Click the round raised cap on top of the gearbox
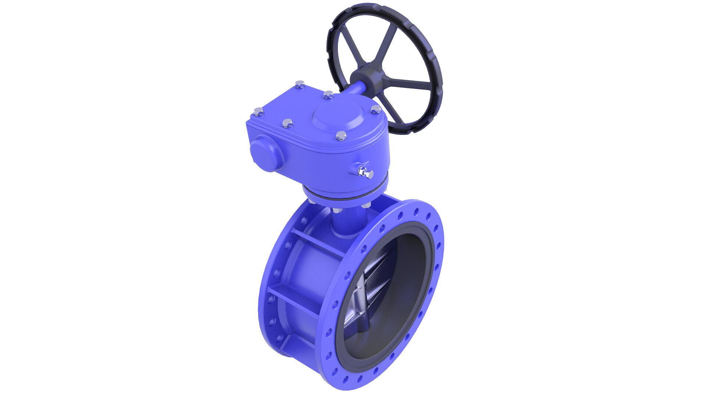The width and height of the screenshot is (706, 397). (336, 114)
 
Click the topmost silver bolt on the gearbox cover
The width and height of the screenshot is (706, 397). (300, 85)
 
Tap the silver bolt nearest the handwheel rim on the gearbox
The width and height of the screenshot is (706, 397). (376, 109)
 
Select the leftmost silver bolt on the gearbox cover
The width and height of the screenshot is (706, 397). (259, 111)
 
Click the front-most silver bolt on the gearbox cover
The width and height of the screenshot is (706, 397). (342, 136)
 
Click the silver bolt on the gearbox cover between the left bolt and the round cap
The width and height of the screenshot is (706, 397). (287, 123)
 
